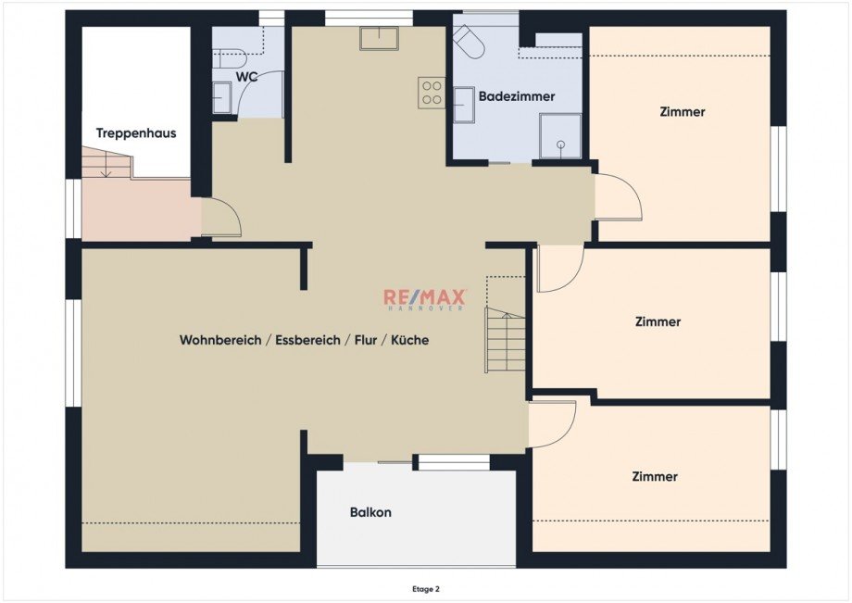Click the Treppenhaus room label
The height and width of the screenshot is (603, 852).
(135, 133)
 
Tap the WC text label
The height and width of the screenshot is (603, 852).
(246, 77)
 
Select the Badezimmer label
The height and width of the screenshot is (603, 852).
(517, 96)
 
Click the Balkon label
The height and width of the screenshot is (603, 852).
(370, 512)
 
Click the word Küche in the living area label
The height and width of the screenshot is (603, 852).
(409, 340)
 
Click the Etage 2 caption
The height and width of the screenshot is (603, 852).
(425, 588)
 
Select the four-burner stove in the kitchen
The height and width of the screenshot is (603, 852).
(432, 92)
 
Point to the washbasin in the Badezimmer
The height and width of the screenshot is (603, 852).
(463, 105)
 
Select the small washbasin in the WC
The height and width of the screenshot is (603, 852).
(221, 97)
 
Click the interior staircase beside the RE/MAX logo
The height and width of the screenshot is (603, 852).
(506, 341)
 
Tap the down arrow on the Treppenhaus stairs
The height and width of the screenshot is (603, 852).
(106, 168)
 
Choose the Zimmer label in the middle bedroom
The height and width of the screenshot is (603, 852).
(658, 322)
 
